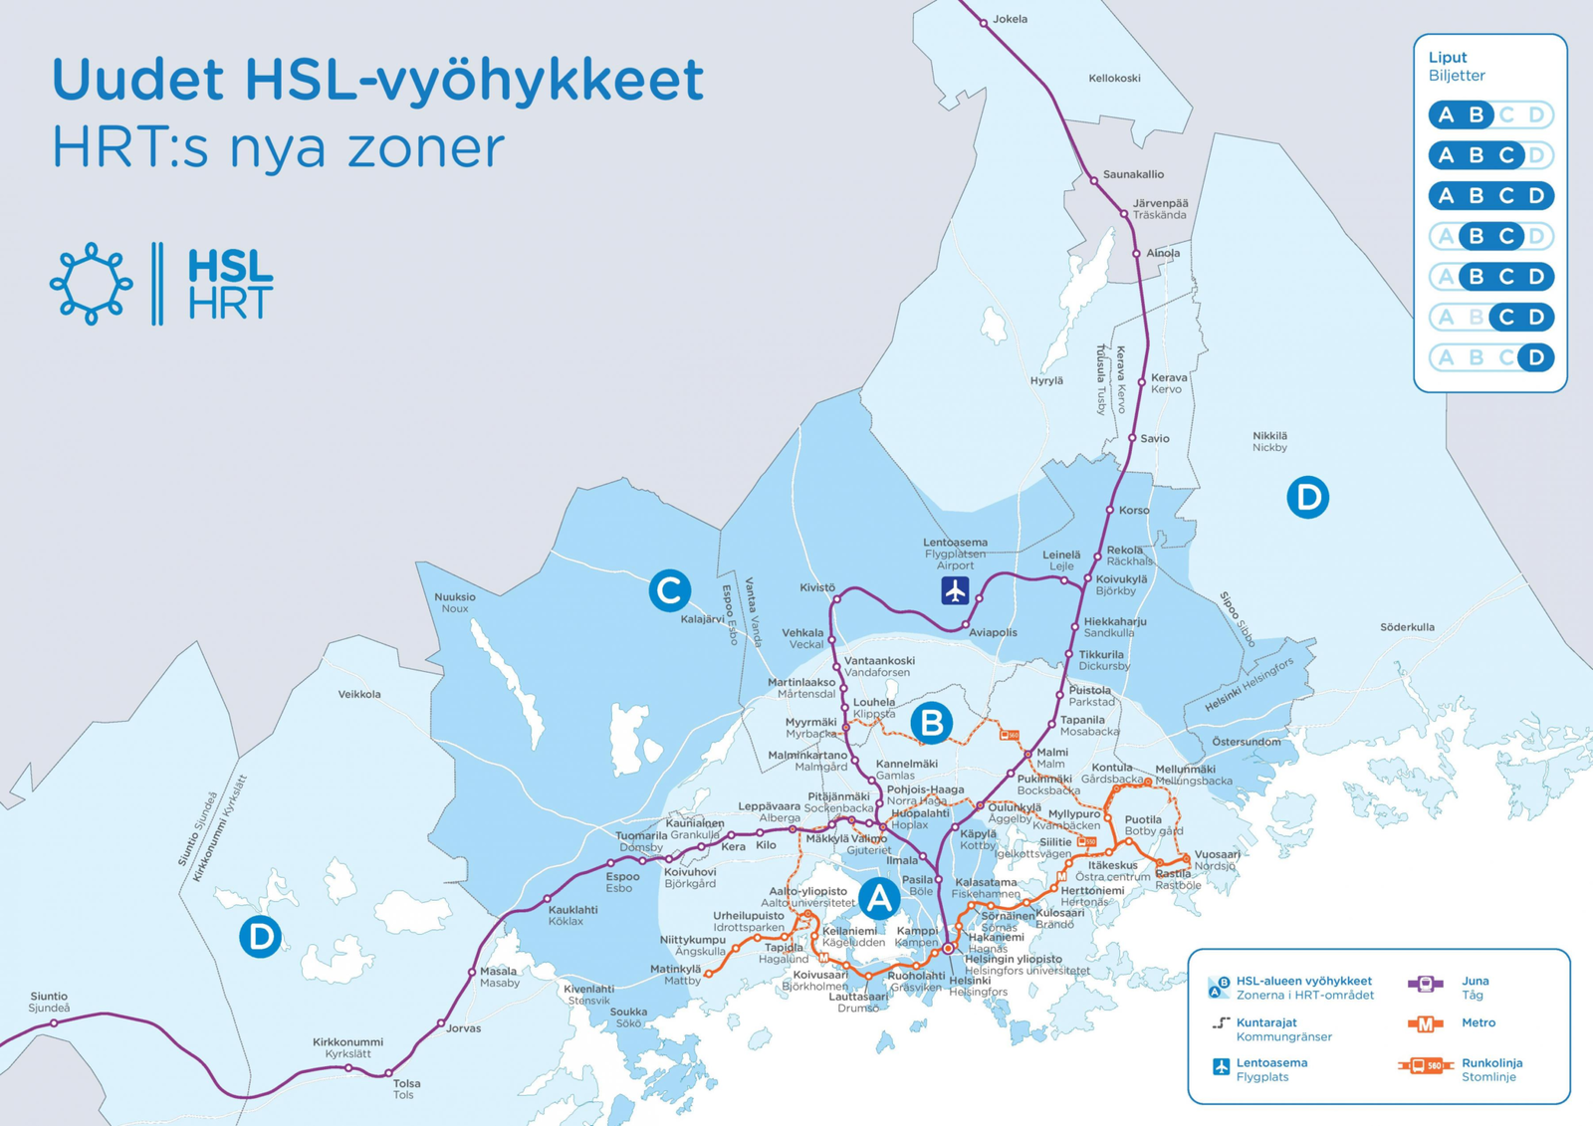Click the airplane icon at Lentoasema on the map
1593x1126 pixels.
click(x=955, y=590)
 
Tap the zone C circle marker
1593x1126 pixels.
click(x=669, y=590)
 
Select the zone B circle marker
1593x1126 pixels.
click(x=932, y=723)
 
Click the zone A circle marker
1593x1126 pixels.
click(x=879, y=899)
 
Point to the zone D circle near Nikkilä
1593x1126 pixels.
click(x=1307, y=497)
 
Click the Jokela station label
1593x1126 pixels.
click(x=1010, y=19)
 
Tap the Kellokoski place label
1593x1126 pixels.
click(x=1114, y=78)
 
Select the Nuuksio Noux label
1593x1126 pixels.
click(x=455, y=602)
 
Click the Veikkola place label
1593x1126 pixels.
click(x=359, y=694)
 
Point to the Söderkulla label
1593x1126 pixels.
click(x=1407, y=627)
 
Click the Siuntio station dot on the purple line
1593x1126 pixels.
click(x=55, y=1022)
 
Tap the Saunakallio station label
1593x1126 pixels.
click(x=1133, y=174)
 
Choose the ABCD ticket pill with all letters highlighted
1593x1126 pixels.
click(x=1490, y=196)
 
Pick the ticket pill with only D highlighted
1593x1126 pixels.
click(x=1490, y=357)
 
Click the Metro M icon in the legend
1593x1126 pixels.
click(x=1425, y=1023)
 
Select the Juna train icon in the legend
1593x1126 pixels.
click(x=1425, y=984)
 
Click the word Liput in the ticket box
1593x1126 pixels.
click(x=1448, y=58)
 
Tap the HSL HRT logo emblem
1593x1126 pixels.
click(x=92, y=284)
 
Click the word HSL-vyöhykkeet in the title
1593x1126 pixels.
click(x=474, y=80)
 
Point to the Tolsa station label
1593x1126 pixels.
click(x=406, y=1083)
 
